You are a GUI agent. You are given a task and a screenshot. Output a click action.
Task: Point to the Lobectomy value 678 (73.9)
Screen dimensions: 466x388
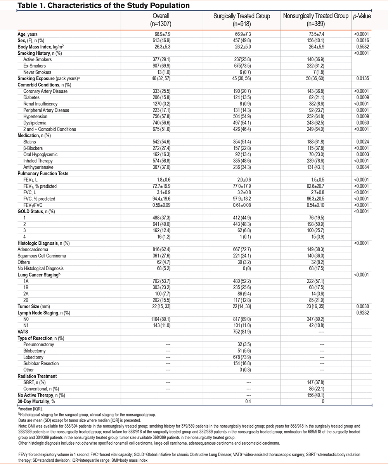(242, 357)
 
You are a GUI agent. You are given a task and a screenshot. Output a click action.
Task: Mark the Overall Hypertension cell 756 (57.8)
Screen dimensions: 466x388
(162, 116)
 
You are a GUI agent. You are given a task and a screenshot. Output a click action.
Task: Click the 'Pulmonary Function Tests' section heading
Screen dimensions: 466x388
(43, 174)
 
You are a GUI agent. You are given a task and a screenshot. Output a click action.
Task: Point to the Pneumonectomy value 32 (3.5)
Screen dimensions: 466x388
(242, 345)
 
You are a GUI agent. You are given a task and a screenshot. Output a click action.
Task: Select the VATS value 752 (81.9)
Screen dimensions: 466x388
(242, 332)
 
